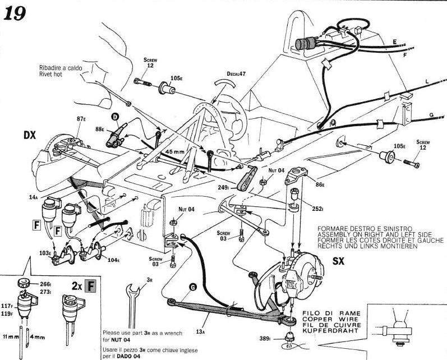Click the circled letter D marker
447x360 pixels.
[116, 117]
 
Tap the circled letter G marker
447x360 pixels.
[192, 287]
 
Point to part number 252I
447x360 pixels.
[319, 209]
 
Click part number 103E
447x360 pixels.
[45, 253]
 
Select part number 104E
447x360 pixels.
[114, 261]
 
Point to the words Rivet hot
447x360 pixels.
[53, 73]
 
